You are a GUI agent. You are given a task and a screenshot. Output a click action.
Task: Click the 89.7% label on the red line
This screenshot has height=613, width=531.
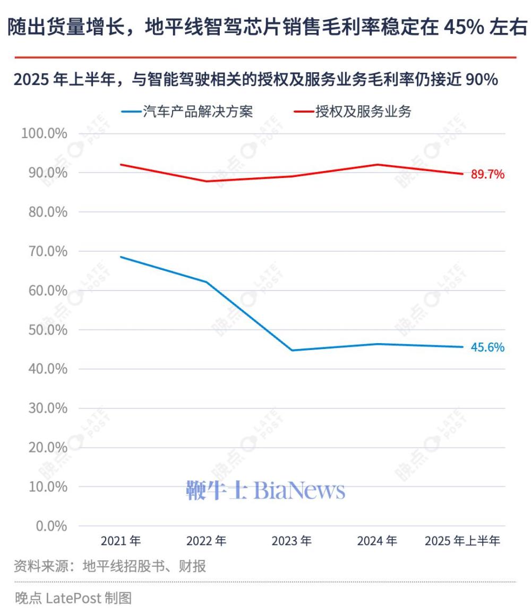click(x=487, y=174)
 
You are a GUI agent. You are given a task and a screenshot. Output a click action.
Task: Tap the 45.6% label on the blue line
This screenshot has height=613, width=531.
click(x=487, y=347)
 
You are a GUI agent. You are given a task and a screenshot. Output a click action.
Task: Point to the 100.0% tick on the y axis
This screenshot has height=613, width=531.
click(x=44, y=133)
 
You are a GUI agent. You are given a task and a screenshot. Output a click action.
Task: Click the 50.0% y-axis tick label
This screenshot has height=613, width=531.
click(x=44, y=330)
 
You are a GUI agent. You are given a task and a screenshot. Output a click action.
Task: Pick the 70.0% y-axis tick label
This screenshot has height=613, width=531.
click(x=44, y=251)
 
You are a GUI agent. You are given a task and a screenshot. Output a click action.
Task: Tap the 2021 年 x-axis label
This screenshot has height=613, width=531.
click(x=121, y=541)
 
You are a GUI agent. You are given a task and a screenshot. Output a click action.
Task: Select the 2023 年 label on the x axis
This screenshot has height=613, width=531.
click(x=292, y=541)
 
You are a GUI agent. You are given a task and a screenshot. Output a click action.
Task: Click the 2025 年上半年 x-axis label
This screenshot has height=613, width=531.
click(x=463, y=541)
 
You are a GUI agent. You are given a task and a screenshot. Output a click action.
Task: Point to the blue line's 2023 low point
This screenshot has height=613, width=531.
click(x=292, y=350)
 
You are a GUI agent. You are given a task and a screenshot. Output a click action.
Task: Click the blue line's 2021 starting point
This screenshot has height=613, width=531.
click(x=121, y=257)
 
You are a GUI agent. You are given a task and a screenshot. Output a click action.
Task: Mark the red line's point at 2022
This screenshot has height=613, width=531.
click(x=207, y=181)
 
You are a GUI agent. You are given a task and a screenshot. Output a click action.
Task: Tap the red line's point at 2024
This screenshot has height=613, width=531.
click(x=377, y=165)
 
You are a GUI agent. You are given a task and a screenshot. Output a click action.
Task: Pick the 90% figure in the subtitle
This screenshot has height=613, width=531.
click(x=481, y=80)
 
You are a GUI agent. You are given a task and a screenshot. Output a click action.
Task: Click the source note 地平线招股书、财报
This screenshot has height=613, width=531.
click(x=144, y=566)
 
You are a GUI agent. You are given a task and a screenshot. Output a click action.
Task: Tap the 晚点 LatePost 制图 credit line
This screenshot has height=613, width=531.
click(x=73, y=598)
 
